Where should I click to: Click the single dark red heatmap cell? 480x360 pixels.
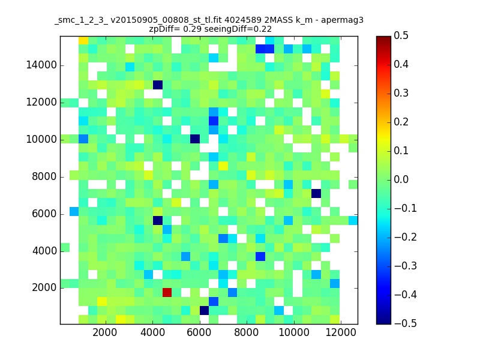click(x=167, y=292)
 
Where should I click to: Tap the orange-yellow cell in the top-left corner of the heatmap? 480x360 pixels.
click(x=83, y=40)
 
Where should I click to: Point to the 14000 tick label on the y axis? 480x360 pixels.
click(x=41, y=65)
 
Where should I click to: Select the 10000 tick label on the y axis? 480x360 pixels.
click(x=41, y=140)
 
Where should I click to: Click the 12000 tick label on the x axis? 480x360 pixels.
click(x=341, y=332)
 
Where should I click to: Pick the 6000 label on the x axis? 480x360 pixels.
click(x=199, y=332)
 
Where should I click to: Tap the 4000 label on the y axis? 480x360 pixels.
click(x=44, y=251)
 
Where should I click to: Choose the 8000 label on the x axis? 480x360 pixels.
click(x=247, y=332)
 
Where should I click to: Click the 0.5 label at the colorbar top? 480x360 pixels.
click(x=401, y=35)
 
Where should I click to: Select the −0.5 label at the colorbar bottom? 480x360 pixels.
click(x=406, y=323)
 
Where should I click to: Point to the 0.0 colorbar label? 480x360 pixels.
click(x=401, y=179)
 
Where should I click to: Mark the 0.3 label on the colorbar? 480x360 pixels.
click(x=401, y=93)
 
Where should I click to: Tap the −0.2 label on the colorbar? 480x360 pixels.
click(x=406, y=237)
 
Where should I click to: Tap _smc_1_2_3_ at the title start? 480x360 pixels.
click(x=81, y=20)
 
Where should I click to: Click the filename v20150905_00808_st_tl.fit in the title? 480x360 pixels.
click(x=166, y=20)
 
